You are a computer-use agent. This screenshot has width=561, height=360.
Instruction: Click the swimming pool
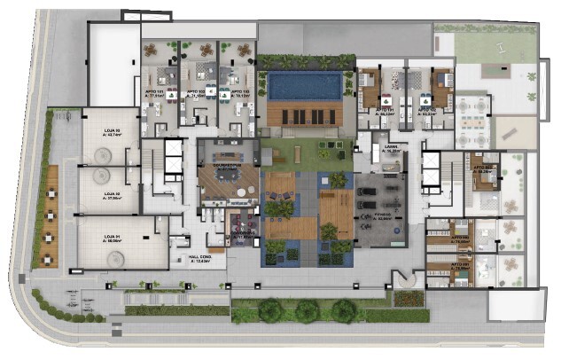304,86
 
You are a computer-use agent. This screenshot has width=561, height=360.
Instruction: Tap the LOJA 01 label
110,235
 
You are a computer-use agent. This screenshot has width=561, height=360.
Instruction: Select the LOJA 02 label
111,195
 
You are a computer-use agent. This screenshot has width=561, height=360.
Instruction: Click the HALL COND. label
200,259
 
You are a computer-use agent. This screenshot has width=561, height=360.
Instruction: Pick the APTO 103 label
238,92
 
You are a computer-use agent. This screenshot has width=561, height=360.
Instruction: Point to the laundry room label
391,148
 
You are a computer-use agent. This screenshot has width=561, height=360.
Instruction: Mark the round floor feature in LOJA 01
115,258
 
